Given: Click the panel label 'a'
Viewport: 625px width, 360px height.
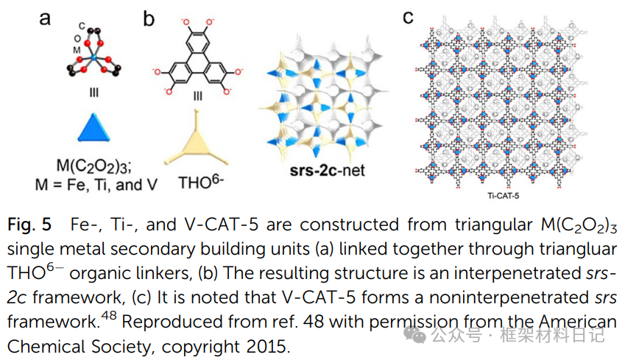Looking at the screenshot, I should pyautogui.click(x=45, y=18).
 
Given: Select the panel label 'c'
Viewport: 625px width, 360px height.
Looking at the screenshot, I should pyautogui.click(x=409, y=17).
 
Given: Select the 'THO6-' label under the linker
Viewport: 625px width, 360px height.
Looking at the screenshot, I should pyautogui.click(x=196, y=183).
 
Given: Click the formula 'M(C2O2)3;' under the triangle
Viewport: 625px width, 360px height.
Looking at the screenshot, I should pyautogui.click(x=93, y=164).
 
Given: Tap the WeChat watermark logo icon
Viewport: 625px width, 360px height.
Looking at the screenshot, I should pyautogui.click(x=417, y=336).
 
